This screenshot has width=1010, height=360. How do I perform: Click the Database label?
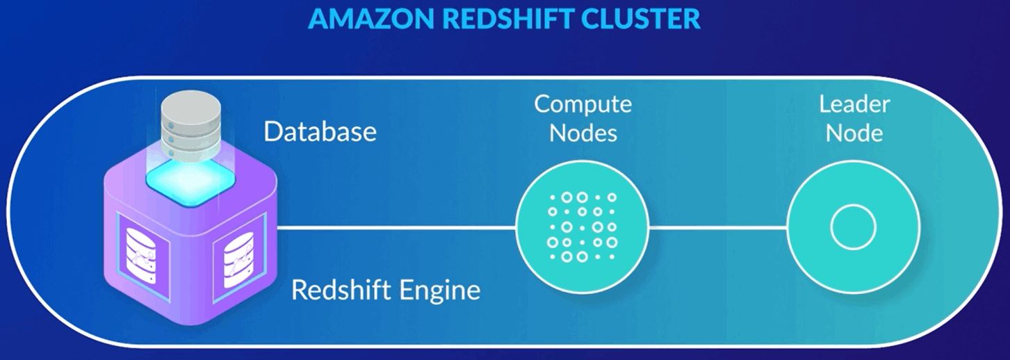point(320,131)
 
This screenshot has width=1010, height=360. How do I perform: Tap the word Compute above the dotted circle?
point(583,104)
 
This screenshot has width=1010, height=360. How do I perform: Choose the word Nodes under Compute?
point(583,132)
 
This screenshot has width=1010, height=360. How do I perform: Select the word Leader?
point(854,104)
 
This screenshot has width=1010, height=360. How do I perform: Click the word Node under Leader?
point(854,132)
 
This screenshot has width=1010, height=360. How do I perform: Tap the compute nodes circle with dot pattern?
point(583,227)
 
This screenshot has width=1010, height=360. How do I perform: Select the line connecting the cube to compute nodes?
point(396,227)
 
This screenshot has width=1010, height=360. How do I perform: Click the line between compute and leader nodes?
point(717,227)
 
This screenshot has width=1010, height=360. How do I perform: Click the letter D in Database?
point(272,131)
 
